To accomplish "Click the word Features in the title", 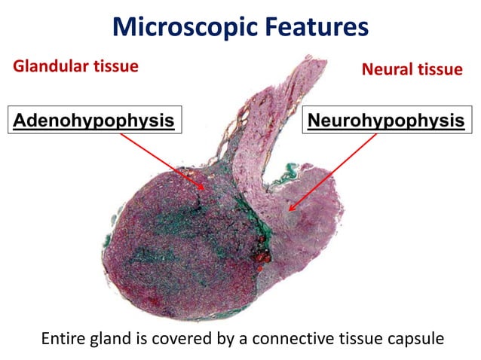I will pos(316,27).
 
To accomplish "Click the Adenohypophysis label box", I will pos(93,120).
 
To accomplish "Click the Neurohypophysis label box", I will pos(384,120).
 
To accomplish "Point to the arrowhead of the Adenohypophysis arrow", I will pos(204,189).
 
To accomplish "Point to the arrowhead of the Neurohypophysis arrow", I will pos(289,209).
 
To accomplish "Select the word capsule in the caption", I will pos(416,338).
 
